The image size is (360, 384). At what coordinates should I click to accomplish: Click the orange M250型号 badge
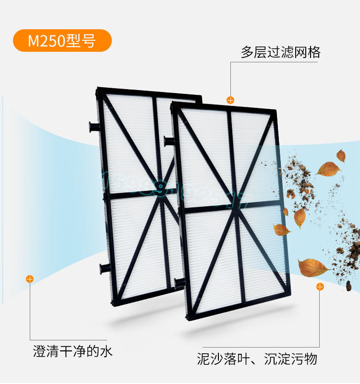(62, 40)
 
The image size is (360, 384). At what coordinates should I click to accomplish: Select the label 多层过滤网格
(281, 52)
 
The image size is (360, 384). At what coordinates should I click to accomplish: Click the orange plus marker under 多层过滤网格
(230, 100)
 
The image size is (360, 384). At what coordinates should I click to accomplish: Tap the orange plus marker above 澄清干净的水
(30, 279)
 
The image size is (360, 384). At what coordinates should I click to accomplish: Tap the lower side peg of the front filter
(179, 281)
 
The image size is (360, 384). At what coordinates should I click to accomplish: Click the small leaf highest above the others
(341, 155)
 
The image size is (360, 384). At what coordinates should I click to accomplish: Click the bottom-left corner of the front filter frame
(187, 317)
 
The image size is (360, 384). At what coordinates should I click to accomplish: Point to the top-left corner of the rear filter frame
(99, 89)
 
